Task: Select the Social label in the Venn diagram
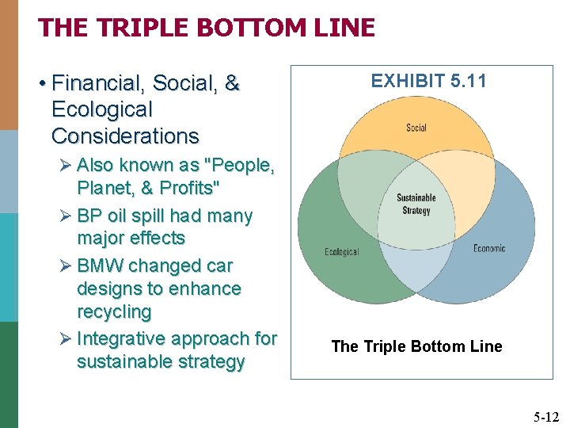point(416,128)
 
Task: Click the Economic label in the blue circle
point(489,249)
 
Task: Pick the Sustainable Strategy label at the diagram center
point(416,204)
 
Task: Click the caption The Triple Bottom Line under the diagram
point(416,346)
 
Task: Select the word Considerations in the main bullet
point(125,136)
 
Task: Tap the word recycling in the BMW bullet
point(114,311)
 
